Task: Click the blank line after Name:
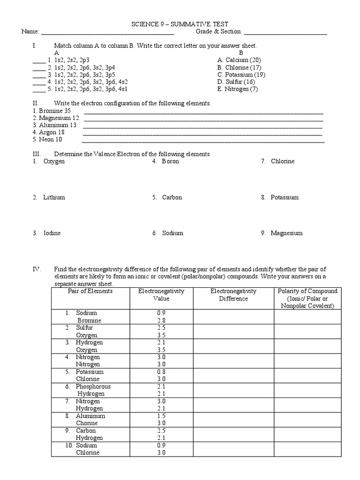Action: point(108,33)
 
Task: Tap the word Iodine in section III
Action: point(52,233)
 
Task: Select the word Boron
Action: point(170,161)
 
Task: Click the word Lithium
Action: point(54,197)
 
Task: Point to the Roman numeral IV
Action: point(37,269)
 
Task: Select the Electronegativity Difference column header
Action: point(233,295)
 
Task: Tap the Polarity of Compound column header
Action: point(307,298)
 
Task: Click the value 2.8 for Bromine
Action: point(161,320)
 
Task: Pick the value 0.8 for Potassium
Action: point(161,372)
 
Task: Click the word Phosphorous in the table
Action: point(94,387)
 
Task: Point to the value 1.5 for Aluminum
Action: point(161,416)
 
